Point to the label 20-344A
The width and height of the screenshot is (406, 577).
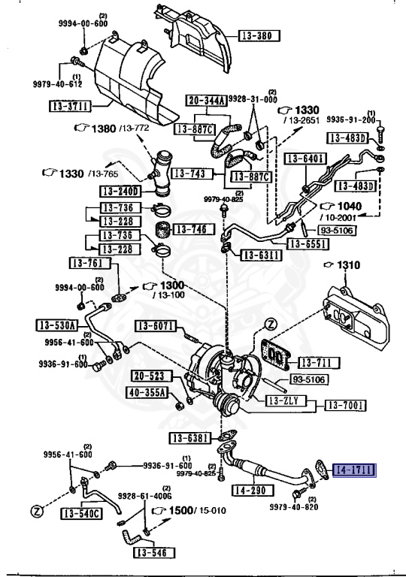pos(203,101)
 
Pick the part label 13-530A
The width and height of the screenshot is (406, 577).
pos(56,325)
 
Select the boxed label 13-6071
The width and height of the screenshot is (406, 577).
pos(156,325)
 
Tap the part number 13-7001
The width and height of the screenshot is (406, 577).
pos(345,406)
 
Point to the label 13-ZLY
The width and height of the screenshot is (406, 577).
pos(284,402)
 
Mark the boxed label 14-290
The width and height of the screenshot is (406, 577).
pos(251,491)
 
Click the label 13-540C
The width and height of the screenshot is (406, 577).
pos(78,514)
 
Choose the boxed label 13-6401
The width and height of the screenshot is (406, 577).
pos(304,158)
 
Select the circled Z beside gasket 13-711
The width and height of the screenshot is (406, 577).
pos(271,324)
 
